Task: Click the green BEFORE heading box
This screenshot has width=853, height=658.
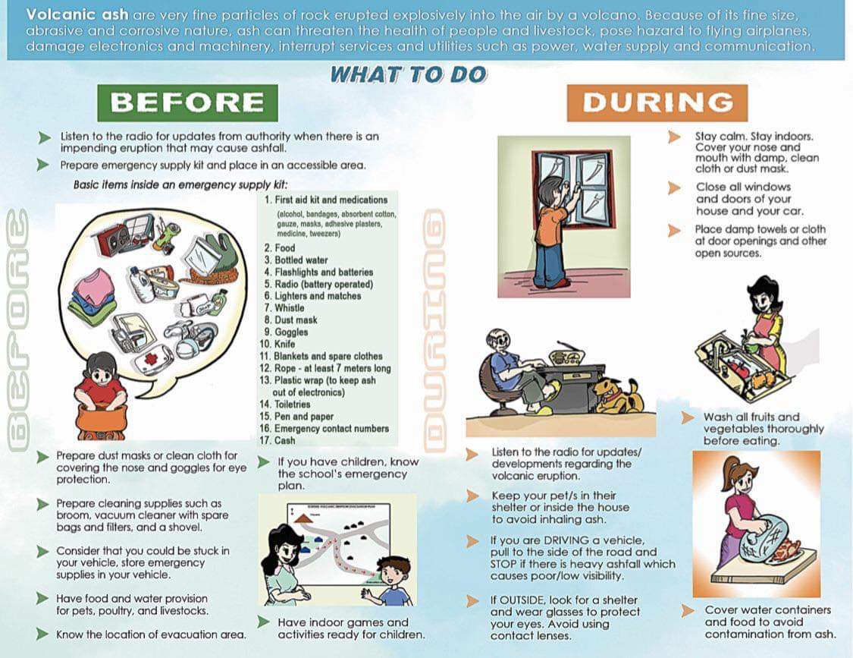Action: [187, 102]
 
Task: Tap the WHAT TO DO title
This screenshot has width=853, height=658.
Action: [408, 74]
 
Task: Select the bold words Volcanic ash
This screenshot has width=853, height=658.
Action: [77, 14]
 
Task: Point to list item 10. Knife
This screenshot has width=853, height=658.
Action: [281, 344]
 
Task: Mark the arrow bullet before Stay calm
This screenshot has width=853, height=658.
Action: [673, 137]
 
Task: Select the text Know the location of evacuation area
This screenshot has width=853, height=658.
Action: [151, 634]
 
